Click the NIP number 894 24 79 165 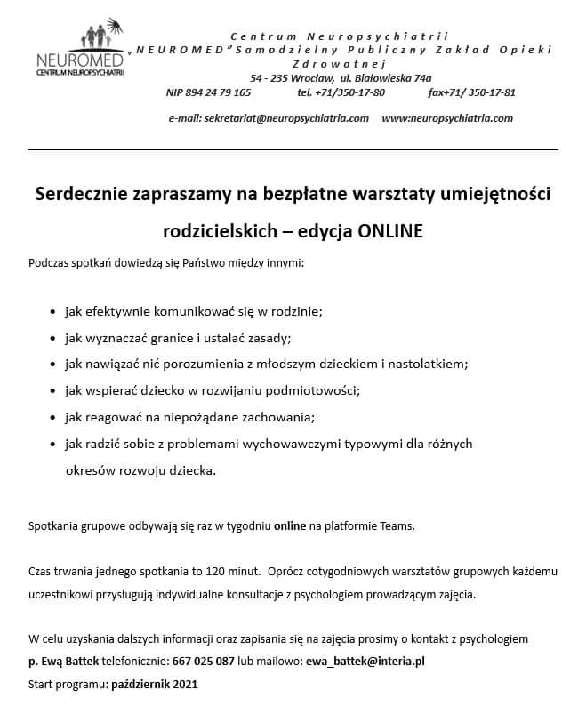[208, 92]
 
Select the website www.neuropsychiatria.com [447, 118]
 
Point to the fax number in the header [471, 92]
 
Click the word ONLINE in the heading [390, 230]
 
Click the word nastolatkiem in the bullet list [426, 364]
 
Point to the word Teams [397, 525]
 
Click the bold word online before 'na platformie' [290, 525]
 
